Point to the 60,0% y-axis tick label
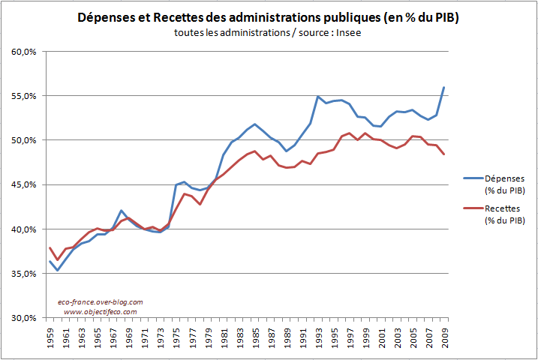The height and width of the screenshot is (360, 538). [x=25, y=52]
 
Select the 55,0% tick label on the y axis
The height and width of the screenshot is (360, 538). [x=25, y=96]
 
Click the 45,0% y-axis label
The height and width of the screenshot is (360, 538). [x=25, y=184]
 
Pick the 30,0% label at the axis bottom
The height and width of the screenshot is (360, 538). [x=25, y=318]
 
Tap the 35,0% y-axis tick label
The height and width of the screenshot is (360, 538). [x=25, y=274]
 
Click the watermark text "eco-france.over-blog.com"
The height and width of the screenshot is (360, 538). [x=100, y=301]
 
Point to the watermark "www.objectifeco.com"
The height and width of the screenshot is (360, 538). [x=100, y=311]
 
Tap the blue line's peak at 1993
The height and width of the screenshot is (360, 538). [x=317, y=97]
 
